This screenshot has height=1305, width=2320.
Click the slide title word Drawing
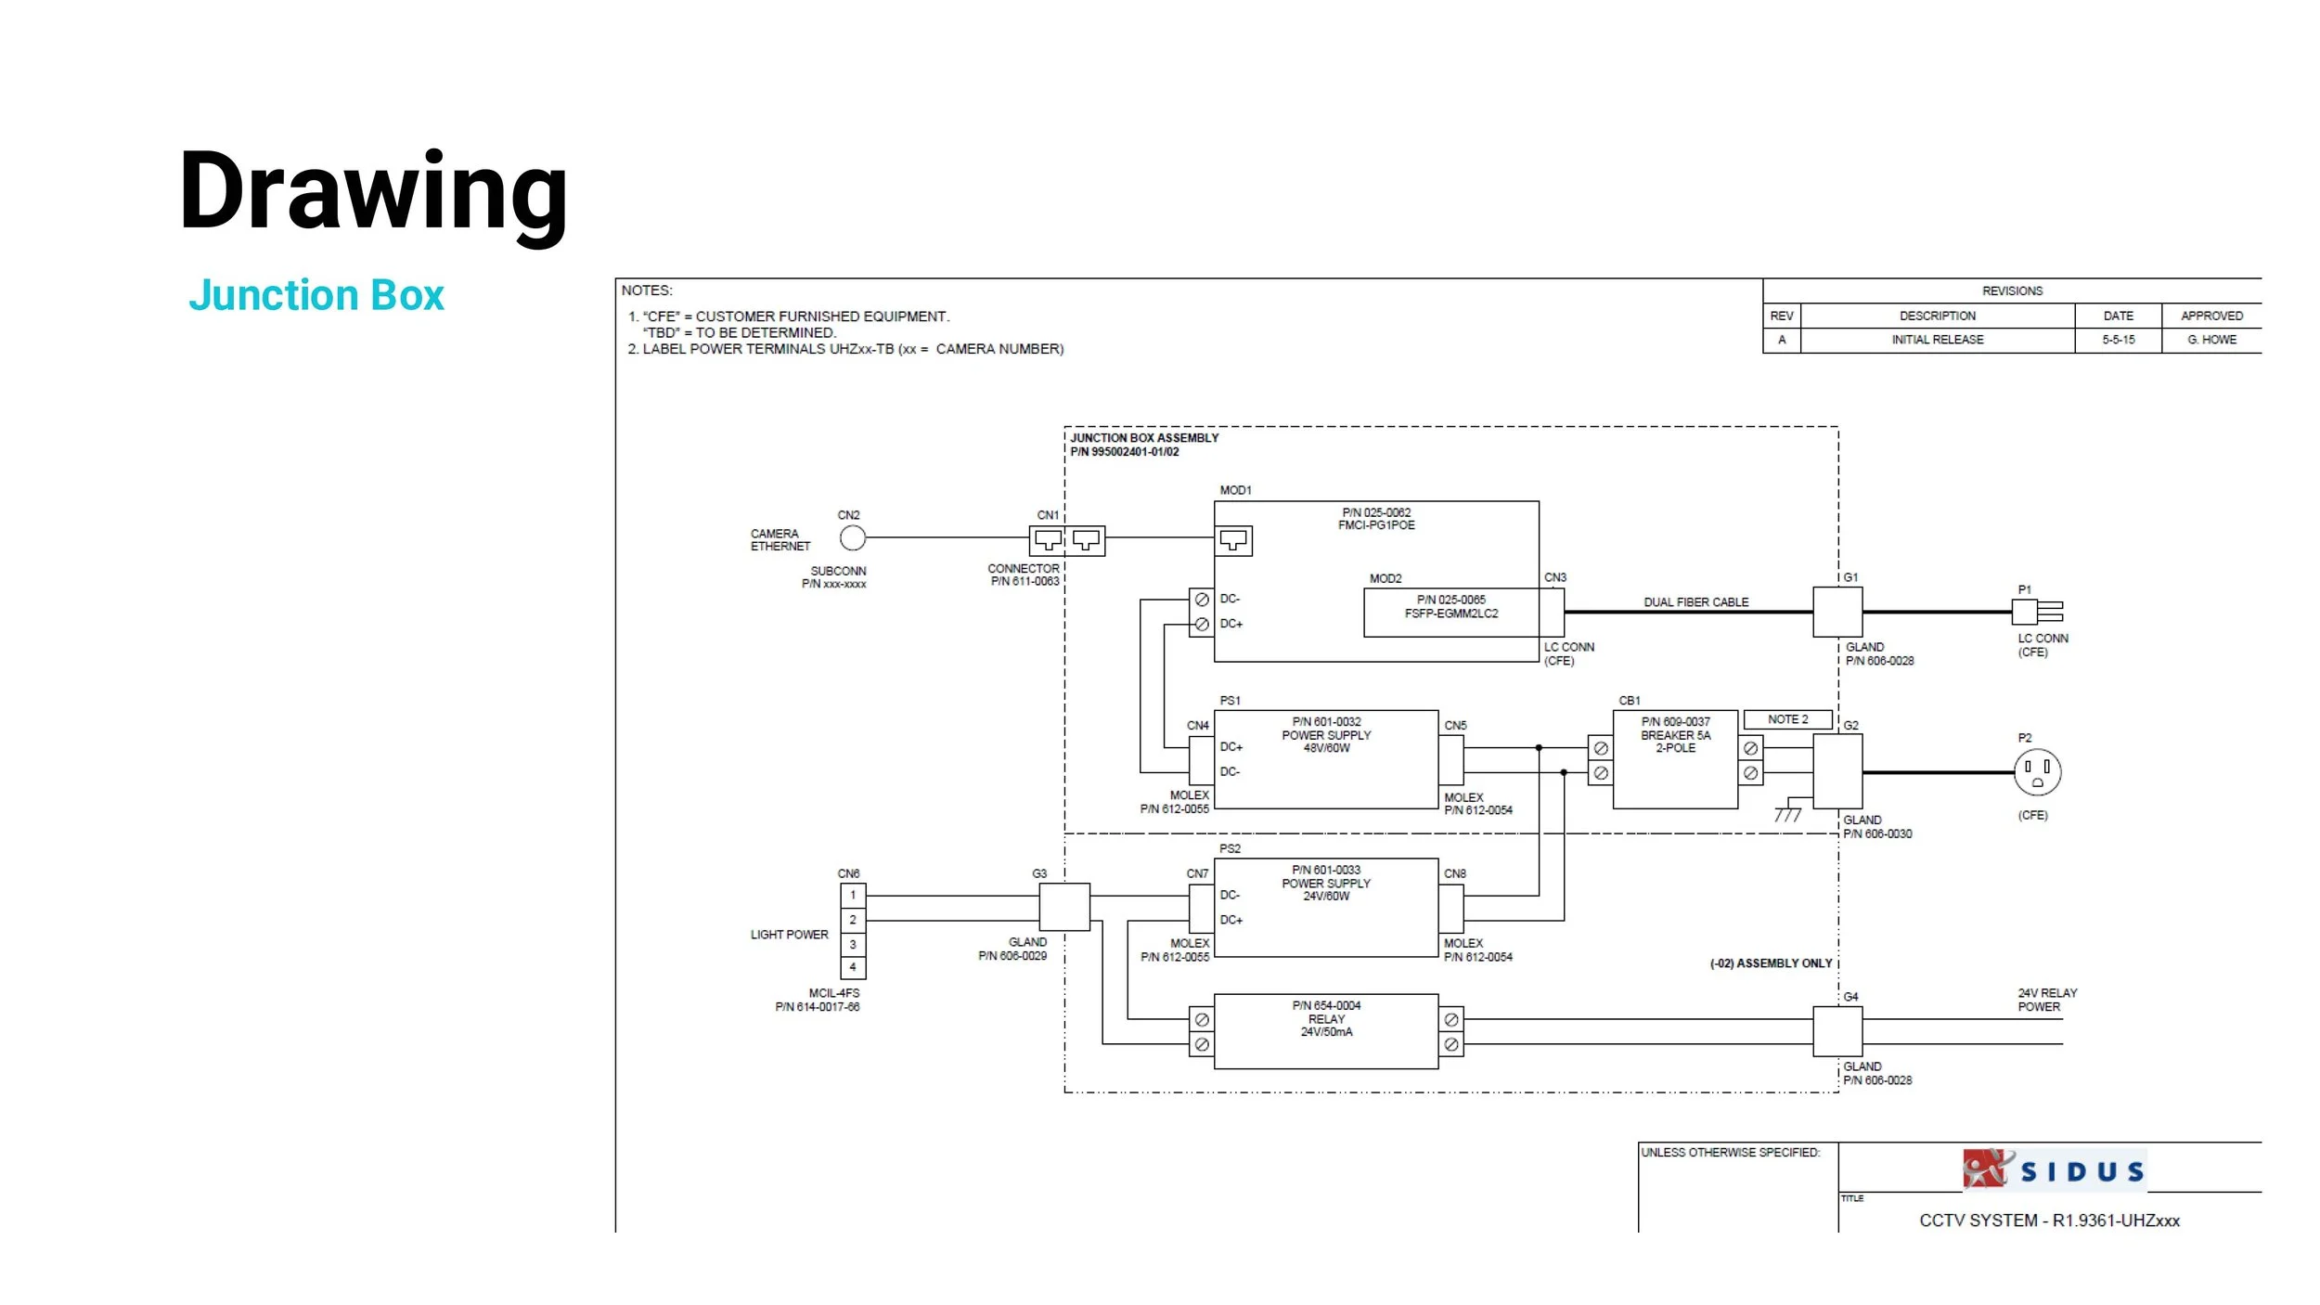(x=373, y=193)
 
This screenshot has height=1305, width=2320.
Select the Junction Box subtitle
(x=316, y=295)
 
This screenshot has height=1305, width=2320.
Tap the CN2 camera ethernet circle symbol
(x=852, y=538)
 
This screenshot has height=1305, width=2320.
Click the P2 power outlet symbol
(x=2037, y=772)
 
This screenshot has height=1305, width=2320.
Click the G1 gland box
(x=1837, y=612)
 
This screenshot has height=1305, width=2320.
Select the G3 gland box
(x=1063, y=907)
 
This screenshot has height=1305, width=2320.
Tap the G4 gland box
(x=1837, y=1031)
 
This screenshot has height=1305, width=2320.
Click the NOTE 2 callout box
(x=1787, y=719)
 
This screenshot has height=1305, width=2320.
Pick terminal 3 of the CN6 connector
(x=853, y=944)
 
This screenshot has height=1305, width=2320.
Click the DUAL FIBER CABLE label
(x=1695, y=602)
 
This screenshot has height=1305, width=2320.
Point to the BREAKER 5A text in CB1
(x=1675, y=735)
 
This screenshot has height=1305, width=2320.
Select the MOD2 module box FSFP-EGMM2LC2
(x=1450, y=612)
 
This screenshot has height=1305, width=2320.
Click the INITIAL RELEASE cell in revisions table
(x=1937, y=340)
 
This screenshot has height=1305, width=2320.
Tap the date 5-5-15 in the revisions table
(x=2118, y=340)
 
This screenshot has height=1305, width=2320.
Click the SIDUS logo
(x=2054, y=1169)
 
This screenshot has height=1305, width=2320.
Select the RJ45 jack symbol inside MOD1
(x=1233, y=540)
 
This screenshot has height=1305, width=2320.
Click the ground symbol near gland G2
(x=1787, y=814)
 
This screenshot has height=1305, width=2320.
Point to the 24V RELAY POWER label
(x=2046, y=1000)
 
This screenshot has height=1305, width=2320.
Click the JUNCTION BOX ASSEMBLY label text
(x=1143, y=438)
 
